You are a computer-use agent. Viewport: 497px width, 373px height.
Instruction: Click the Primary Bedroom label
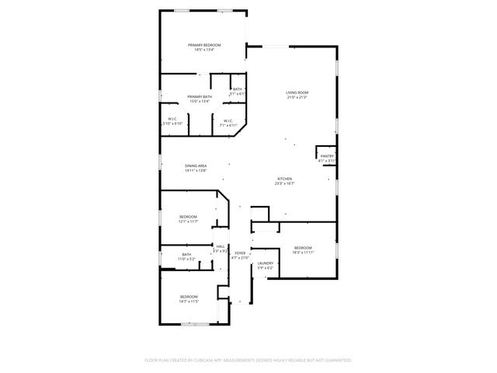coord(204,45)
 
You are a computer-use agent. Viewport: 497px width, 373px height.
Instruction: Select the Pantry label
coord(327,155)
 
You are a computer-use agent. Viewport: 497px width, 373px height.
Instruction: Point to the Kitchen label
coord(286,180)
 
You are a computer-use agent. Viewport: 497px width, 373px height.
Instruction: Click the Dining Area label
coord(196,166)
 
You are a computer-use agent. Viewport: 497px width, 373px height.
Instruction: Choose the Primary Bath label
coord(200,96)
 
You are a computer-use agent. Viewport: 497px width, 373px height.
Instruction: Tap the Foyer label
coord(241,253)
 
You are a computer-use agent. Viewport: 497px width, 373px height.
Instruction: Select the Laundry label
coord(266,263)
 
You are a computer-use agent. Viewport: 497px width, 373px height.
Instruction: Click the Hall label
coord(221,246)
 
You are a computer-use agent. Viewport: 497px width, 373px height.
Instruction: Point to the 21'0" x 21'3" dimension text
coord(298,97)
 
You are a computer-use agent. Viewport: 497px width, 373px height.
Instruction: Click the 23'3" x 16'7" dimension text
coord(286,184)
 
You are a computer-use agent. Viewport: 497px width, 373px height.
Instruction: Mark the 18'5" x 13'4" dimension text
coord(204,50)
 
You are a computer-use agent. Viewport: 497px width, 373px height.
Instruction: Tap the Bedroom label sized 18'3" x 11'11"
coord(303,248)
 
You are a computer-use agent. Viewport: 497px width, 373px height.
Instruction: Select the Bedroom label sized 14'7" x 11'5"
coord(189,296)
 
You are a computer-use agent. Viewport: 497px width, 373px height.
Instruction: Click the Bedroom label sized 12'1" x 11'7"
coord(188,217)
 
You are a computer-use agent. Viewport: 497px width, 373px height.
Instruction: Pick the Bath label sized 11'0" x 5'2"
coord(186,254)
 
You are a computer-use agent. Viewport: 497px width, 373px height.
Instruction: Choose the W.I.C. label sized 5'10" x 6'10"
coord(172,119)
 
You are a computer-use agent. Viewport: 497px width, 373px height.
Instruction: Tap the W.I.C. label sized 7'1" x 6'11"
coord(228,120)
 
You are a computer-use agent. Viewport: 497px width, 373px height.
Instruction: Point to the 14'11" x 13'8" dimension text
coord(196,170)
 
